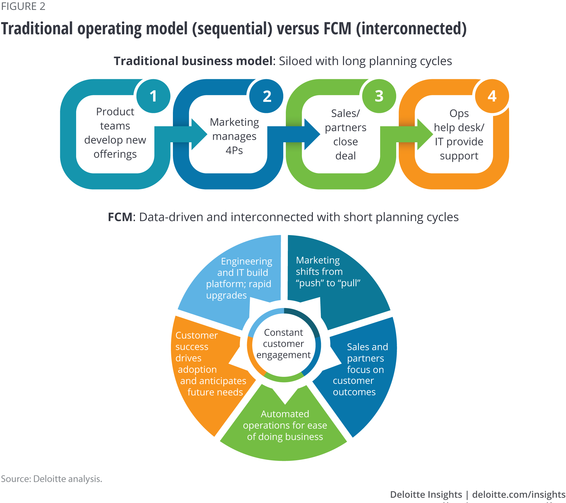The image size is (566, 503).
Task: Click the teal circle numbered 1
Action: pyautogui.click(x=153, y=96)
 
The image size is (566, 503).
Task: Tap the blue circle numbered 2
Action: pyautogui.click(x=266, y=96)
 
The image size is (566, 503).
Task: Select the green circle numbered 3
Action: pyautogui.click(x=379, y=96)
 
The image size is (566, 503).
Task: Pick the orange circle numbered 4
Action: pyautogui.click(x=492, y=96)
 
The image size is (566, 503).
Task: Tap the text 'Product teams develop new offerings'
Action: pyautogui.click(x=115, y=133)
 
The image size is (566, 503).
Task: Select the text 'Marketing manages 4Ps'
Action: pyautogui.click(x=234, y=136)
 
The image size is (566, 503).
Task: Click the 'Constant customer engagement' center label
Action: pyautogui.click(x=284, y=344)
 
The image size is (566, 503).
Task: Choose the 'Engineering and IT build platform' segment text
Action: pyautogui.click(x=239, y=278)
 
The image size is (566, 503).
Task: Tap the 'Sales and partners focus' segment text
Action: pyautogui.click(x=361, y=369)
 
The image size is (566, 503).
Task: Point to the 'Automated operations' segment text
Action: pyautogui.click(x=285, y=425)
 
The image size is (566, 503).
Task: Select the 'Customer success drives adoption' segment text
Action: pyautogui.click(x=209, y=364)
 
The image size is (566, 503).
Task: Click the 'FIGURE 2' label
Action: pyautogui.click(x=23, y=6)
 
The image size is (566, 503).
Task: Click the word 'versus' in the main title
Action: pyautogui.click(x=298, y=29)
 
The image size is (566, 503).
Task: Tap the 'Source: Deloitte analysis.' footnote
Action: pyautogui.click(x=52, y=479)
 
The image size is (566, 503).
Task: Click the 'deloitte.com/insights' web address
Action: pyautogui.click(x=518, y=494)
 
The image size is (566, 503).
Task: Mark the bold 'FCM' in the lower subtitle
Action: pyautogui.click(x=120, y=217)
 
